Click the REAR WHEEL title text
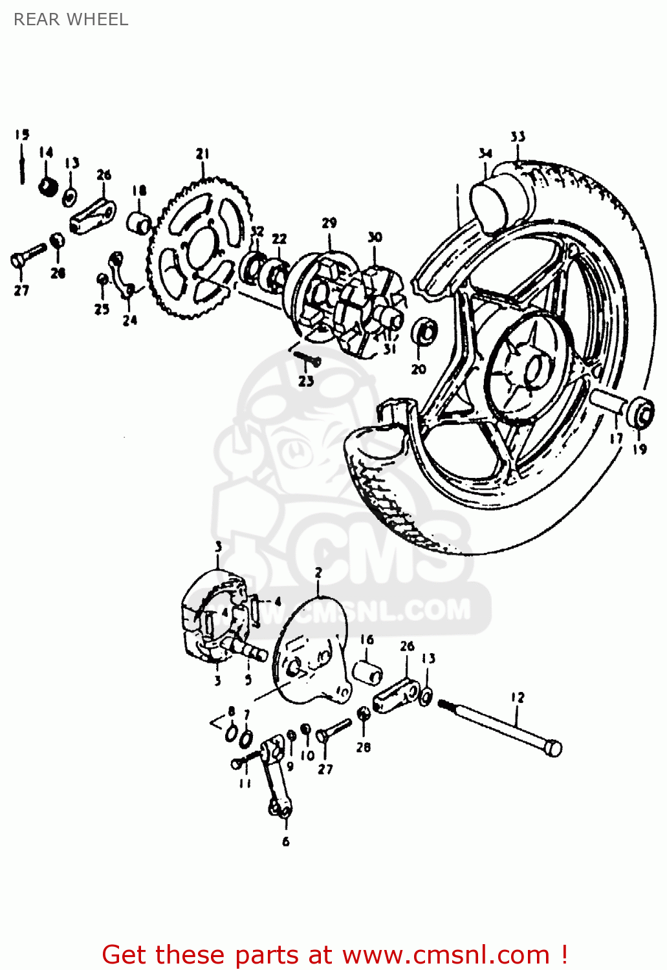click(71, 19)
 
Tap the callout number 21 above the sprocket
click(202, 153)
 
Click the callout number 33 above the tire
click(518, 136)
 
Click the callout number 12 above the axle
click(517, 697)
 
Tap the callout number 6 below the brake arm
click(285, 841)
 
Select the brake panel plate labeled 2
click(311, 653)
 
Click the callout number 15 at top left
click(22, 135)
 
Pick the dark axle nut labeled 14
click(47, 187)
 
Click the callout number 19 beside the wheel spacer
click(639, 449)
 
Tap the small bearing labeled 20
click(424, 332)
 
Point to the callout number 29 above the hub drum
click(329, 222)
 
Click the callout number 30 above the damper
click(375, 237)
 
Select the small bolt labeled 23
click(308, 358)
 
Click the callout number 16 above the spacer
click(367, 640)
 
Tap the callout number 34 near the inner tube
click(485, 153)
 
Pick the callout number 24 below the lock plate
click(130, 319)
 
